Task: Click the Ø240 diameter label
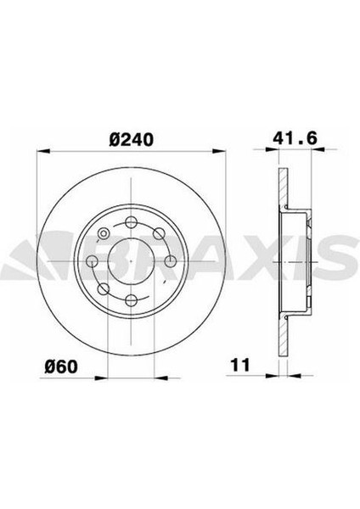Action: tap(131, 140)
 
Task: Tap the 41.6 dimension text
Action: tap(295, 138)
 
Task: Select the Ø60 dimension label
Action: tap(61, 367)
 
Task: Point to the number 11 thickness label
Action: tap(240, 365)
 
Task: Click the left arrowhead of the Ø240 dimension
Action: tap(43, 151)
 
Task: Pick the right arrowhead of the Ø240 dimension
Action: tap(219, 151)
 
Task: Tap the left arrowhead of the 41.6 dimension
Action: tap(273, 149)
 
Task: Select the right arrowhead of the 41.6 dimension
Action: tap(318, 149)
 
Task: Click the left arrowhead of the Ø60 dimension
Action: tap(100, 378)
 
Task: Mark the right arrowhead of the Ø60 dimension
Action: tap(161, 378)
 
